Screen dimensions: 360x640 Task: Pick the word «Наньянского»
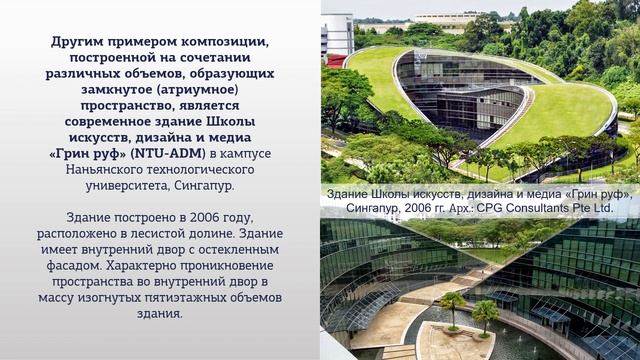point(110,170)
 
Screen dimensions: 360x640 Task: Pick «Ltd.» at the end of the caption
point(599,208)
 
